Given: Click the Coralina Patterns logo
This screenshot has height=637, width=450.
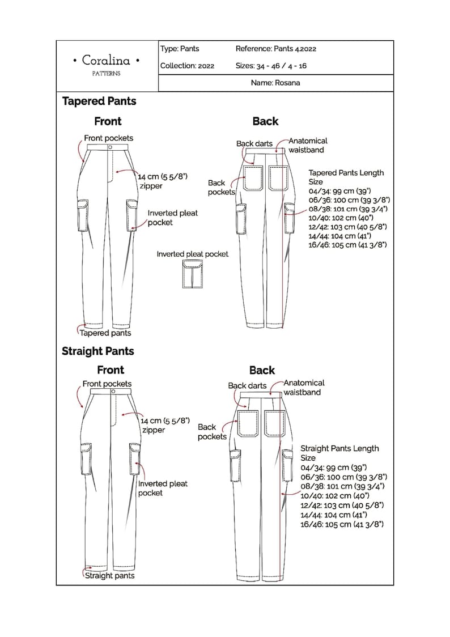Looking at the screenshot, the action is [107, 64].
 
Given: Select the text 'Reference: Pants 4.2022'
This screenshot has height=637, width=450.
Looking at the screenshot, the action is [275, 49].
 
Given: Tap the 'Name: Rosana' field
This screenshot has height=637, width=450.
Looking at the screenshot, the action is [275, 83].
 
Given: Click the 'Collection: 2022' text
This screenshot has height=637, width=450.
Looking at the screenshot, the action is [187, 66].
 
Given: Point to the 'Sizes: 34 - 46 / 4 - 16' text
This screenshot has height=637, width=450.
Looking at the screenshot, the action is [271, 66].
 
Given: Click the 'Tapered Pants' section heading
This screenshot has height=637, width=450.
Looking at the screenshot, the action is [99, 101].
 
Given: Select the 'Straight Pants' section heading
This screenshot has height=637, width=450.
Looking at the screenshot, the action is [98, 351].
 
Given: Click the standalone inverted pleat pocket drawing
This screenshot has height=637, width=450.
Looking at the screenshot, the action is [193, 274].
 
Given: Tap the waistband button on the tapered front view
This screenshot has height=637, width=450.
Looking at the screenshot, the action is [110, 147].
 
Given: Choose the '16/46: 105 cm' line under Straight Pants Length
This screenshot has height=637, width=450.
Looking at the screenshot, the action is [342, 524].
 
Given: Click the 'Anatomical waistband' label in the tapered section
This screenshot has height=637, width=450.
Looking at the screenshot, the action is [308, 145].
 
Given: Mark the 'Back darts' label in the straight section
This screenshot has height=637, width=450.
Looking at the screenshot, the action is [247, 385].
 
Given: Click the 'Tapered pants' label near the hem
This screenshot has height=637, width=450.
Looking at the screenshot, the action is [105, 333].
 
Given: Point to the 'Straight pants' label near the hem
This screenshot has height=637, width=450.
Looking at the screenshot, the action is [109, 576].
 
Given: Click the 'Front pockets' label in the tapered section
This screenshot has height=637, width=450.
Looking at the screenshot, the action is [108, 138].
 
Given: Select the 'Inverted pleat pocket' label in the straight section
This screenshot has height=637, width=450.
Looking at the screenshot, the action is [163, 488].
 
